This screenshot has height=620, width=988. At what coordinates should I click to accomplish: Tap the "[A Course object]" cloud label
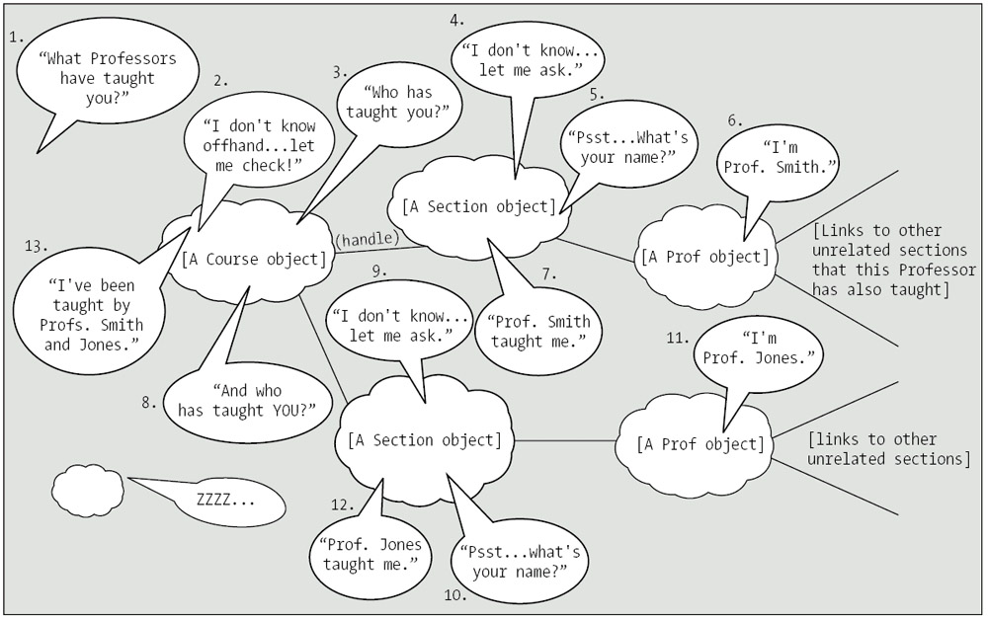click(x=253, y=260)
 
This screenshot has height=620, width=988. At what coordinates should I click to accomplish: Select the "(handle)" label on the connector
click(x=367, y=239)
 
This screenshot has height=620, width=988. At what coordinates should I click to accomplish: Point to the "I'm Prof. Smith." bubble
click(x=780, y=157)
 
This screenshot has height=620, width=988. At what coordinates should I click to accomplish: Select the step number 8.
click(x=149, y=402)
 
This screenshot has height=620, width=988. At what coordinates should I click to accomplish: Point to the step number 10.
click(x=455, y=594)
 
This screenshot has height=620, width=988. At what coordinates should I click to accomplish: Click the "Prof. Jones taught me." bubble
click(x=371, y=554)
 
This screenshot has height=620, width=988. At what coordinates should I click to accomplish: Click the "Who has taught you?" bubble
click(x=390, y=103)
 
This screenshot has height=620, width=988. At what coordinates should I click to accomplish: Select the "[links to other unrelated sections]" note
click(x=887, y=449)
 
